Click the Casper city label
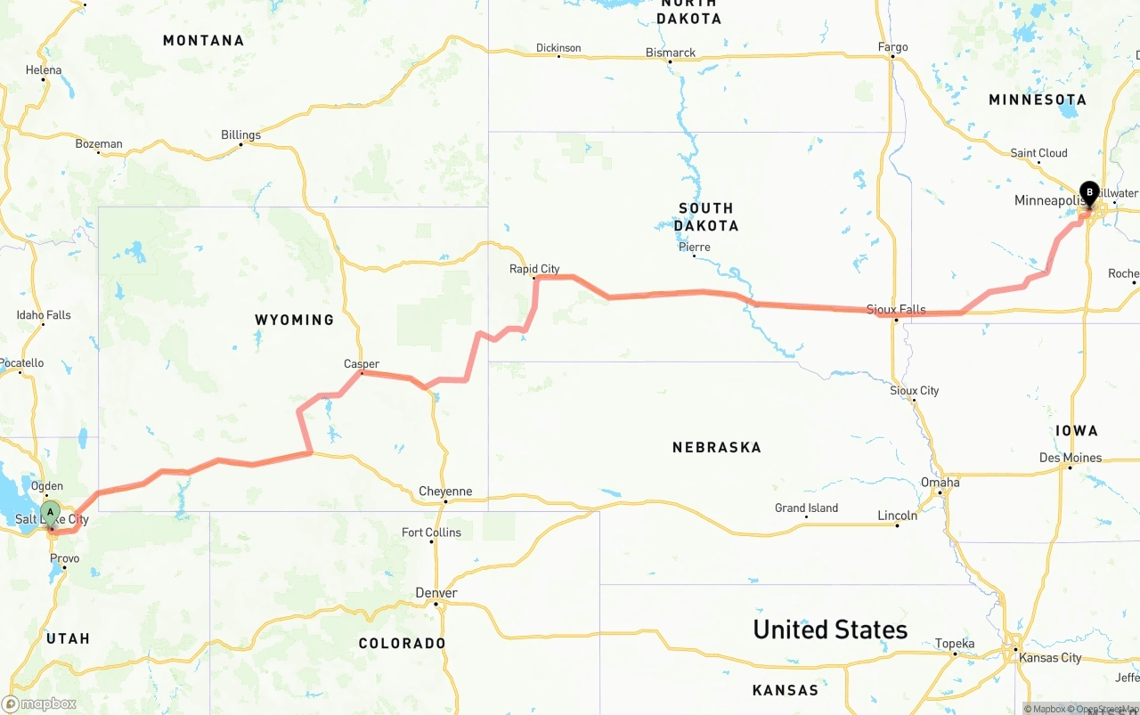point(362,363)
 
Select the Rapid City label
point(534,268)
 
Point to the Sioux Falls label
point(896,309)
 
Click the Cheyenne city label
point(446,492)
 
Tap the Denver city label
point(436,593)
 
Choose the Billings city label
point(240,135)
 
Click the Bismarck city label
point(671,53)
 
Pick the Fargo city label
point(892,47)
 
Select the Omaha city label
point(940,483)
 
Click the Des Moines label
point(1071,458)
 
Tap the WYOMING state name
point(294,320)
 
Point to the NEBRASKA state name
point(717,447)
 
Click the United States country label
point(830,630)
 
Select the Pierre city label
point(694,247)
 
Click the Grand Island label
point(806,508)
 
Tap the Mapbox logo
point(39,703)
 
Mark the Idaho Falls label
point(44,315)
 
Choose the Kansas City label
point(1051,657)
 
